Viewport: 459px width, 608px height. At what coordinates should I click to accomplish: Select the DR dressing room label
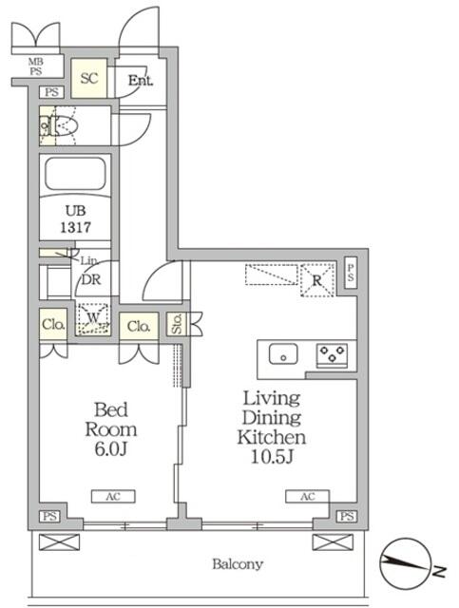point(93,280)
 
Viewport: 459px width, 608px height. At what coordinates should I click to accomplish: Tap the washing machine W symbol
point(93,318)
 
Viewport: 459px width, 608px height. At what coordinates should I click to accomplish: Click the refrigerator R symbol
point(316,278)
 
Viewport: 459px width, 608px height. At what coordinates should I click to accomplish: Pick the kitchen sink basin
point(283,354)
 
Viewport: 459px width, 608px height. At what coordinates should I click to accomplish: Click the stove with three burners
point(332,354)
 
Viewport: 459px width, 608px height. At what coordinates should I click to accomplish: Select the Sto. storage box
point(176,324)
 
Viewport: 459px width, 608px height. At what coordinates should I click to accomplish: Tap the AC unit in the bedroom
point(113,496)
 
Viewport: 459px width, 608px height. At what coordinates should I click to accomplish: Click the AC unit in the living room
point(307,496)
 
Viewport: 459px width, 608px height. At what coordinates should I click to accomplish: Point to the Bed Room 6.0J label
point(106,427)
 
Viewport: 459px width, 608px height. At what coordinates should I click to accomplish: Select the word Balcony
point(237,564)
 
